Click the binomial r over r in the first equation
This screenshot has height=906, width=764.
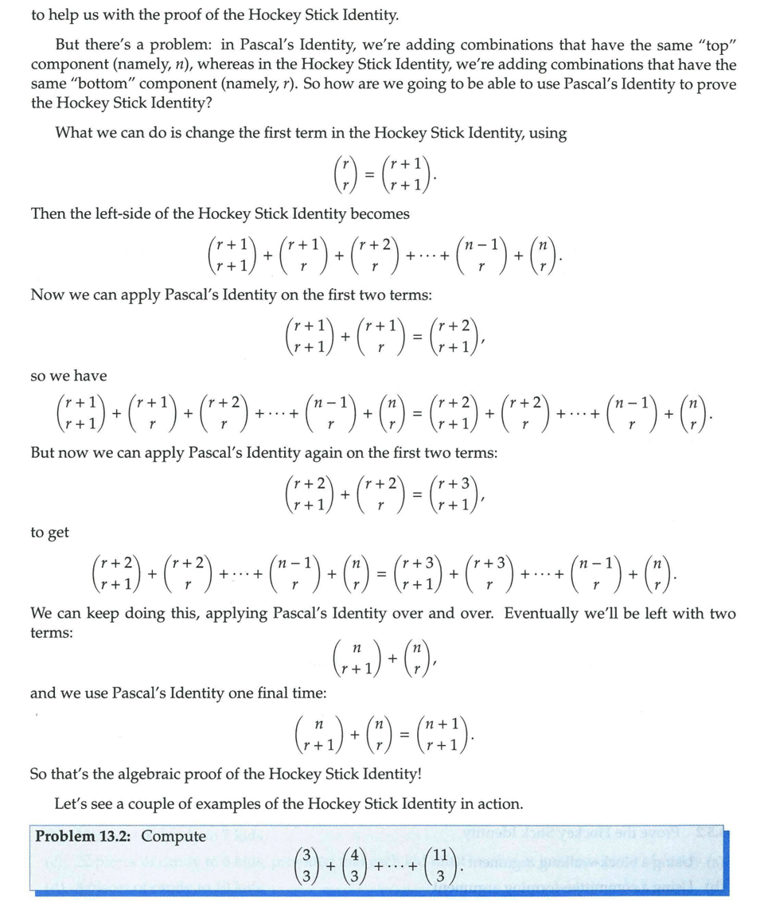[345, 174]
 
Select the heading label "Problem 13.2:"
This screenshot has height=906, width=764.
[84, 836]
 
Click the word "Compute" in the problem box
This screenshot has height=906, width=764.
[173, 836]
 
